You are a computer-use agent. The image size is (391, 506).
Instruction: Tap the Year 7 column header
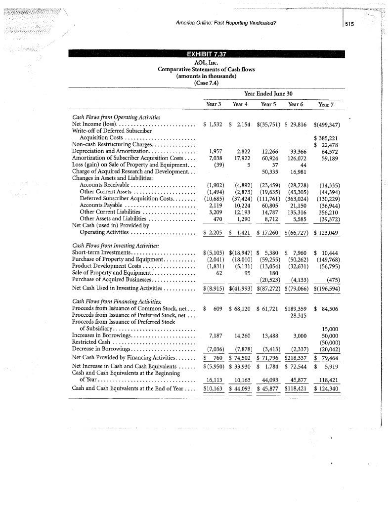point(326,104)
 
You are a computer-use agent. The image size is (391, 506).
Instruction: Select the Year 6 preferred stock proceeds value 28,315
point(297,315)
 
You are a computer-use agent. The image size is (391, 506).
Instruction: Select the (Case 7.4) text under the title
point(206,82)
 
